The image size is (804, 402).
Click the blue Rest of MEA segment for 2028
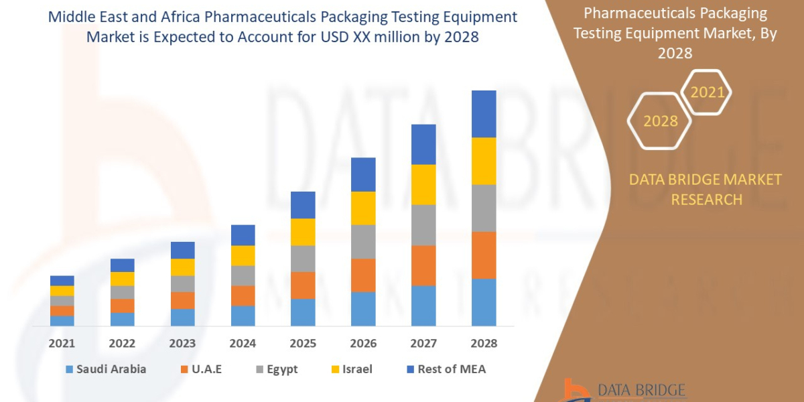pos(484,114)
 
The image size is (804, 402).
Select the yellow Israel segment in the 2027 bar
pos(423,184)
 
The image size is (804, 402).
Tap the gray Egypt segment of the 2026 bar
pos(363,241)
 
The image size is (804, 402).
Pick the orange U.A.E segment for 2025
pos(303,285)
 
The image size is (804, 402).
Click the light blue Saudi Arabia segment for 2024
pos(243,316)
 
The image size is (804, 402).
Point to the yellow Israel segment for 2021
pos(62,291)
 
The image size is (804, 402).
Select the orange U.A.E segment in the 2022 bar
pos(123,306)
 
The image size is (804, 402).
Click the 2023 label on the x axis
pos(182,343)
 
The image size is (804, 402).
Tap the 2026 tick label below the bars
pos(363,343)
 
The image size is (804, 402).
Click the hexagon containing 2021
pos(707,92)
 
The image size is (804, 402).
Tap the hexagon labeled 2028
pos(660,121)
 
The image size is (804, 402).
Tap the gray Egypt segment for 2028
pos(484,208)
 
